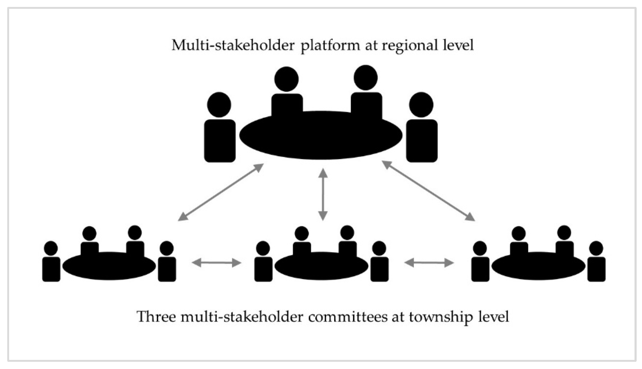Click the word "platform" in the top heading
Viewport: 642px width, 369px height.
point(330,45)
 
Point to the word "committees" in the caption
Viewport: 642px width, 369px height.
point(348,317)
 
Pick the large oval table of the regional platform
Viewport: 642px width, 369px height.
point(321,136)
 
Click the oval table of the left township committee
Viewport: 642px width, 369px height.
point(109,266)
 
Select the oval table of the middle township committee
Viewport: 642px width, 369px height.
point(321,266)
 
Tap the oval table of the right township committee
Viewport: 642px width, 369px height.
point(538,266)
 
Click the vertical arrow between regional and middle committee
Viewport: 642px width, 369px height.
point(323,195)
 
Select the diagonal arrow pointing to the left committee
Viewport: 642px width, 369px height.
point(221,192)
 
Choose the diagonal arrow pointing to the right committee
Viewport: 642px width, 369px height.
point(428,191)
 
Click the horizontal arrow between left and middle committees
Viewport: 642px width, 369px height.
point(216,263)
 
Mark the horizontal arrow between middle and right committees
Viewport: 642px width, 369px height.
point(429,263)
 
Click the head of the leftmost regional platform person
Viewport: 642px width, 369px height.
point(219,105)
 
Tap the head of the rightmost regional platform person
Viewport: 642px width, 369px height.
point(421,105)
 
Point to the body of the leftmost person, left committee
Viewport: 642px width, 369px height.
point(51,269)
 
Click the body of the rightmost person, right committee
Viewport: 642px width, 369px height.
point(596,269)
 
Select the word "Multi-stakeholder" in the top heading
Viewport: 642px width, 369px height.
point(233,45)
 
